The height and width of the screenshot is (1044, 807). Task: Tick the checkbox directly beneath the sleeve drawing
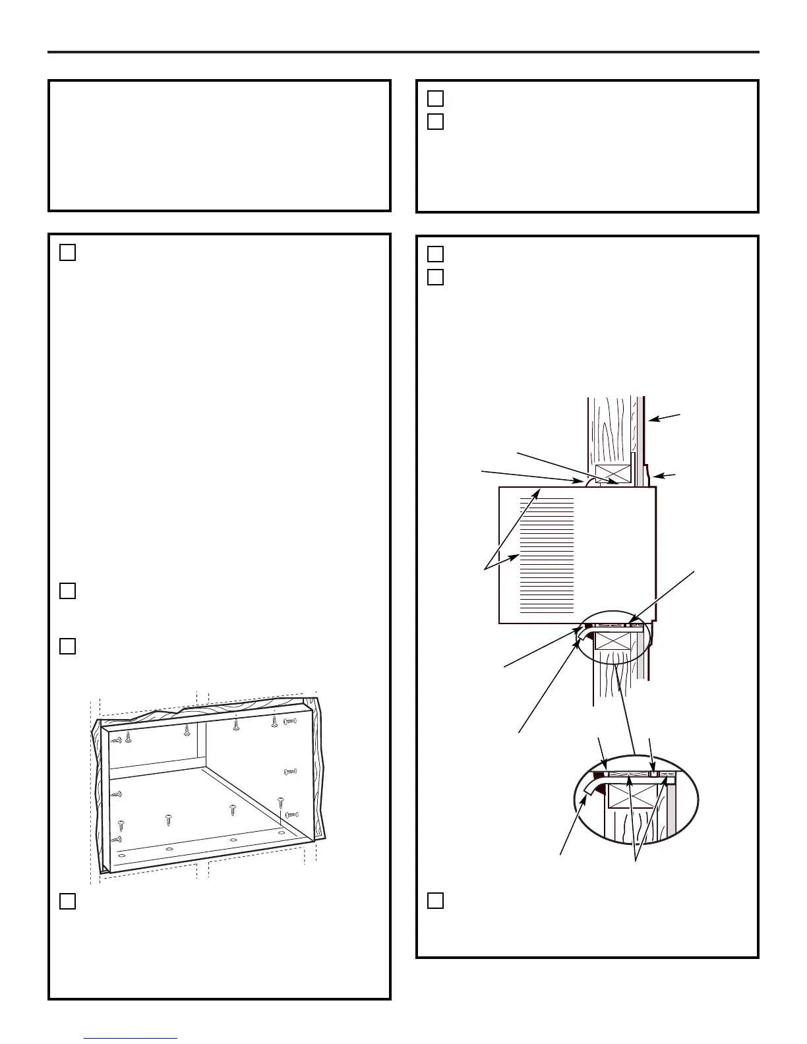(x=67, y=901)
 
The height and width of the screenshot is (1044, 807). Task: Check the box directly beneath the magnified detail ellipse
(x=435, y=900)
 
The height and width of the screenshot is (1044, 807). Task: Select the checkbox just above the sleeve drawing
(x=67, y=647)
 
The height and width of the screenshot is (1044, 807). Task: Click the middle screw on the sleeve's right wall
(x=290, y=770)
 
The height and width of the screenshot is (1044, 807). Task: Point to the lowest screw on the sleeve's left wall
(x=117, y=839)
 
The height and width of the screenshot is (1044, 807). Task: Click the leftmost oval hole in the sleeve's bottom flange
(x=121, y=855)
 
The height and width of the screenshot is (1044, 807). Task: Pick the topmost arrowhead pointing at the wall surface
(x=649, y=419)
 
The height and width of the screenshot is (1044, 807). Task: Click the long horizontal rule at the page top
(x=403, y=52)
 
